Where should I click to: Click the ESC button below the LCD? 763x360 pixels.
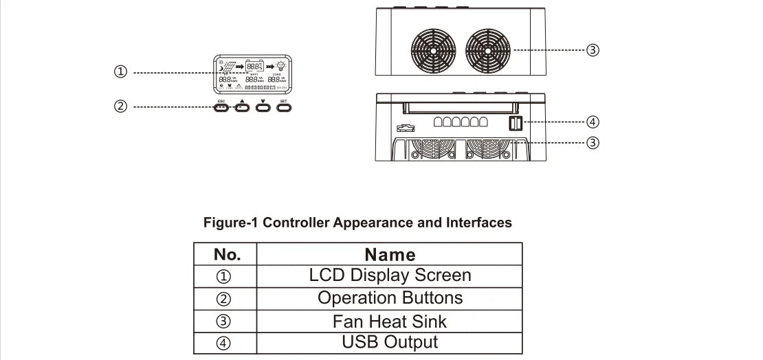(x=221, y=107)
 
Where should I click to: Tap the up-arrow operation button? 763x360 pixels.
(x=242, y=107)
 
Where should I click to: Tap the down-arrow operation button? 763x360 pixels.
(x=263, y=107)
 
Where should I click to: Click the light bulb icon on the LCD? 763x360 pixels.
(x=281, y=66)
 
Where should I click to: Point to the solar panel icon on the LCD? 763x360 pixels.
(x=227, y=67)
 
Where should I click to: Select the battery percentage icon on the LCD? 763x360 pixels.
(x=255, y=66)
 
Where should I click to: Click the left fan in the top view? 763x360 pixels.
(x=434, y=50)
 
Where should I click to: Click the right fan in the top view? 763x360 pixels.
(x=489, y=50)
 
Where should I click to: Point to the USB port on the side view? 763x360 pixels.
(x=516, y=123)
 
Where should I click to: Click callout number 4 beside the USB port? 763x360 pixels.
(x=593, y=122)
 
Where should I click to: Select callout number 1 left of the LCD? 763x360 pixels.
(x=121, y=71)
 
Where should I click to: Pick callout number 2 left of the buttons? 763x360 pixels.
(x=121, y=106)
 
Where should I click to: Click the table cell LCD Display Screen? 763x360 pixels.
(x=390, y=275)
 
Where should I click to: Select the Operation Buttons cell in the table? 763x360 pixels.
(x=390, y=298)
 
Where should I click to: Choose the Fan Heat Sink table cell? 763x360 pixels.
(x=390, y=321)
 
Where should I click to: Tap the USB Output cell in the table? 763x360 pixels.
(x=390, y=342)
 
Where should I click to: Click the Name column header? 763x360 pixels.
(x=390, y=254)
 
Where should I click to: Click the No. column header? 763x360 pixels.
(x=227, y=254)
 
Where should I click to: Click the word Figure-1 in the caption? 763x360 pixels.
(x=231, y=223)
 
